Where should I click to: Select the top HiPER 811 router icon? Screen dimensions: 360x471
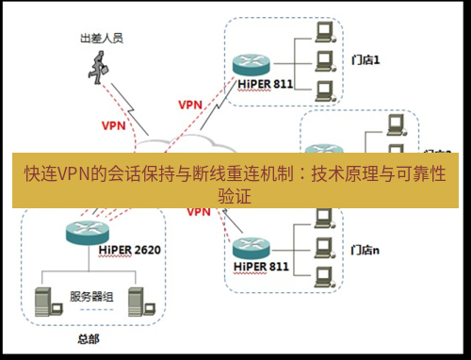(x=249, y=63)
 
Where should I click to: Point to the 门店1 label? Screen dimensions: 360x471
(x=365, y=59)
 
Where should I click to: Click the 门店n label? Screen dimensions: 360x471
(x=365, y=251)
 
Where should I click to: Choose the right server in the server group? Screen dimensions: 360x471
(x=137, y=298)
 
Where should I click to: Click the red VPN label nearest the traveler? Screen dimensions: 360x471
(x=114, y=124)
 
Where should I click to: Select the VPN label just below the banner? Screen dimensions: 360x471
(x=198, y=213)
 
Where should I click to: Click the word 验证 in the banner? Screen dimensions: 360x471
(x=235, y=196)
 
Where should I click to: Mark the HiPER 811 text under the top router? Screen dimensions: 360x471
(x=254, y=83)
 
